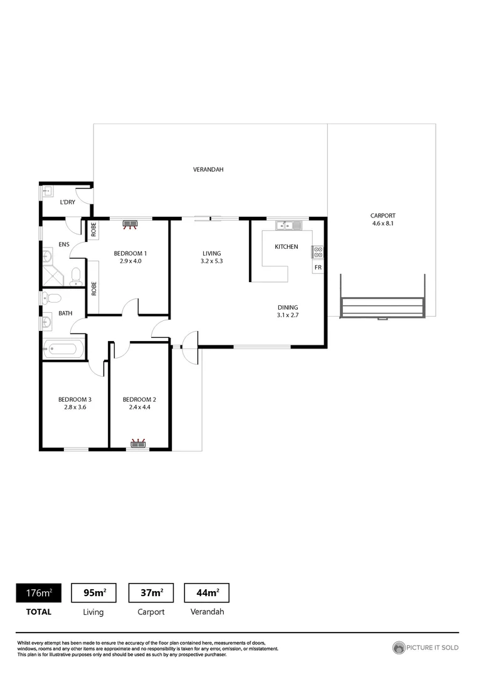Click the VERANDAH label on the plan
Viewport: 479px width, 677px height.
(x=208, y=170)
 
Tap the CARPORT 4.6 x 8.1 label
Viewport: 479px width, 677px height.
(x=382, y=219)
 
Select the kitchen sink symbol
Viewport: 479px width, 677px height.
(x=288, y=225)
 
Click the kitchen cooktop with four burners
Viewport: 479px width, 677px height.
(x=318, y=252)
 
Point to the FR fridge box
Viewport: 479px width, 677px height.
(x=318, y=268)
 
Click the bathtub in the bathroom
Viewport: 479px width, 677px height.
(x=61, y=349)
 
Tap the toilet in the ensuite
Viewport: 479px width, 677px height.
(x=75, y=275)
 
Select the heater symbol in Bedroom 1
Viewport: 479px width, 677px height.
(x=130, y=223)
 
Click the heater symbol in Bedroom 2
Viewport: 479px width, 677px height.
(x=138, y=444)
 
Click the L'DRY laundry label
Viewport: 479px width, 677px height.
(x=67, y=202)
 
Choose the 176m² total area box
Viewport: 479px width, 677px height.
(x=38, y=592)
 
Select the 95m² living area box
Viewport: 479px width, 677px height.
(x=95, y=592)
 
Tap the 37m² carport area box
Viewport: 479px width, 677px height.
(x=150, y=592)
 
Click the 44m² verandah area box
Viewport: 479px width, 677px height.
(x=206, y=592)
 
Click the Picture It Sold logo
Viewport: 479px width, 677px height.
(x=425, y=648)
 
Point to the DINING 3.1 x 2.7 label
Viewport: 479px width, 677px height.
(x=288, y=311)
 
